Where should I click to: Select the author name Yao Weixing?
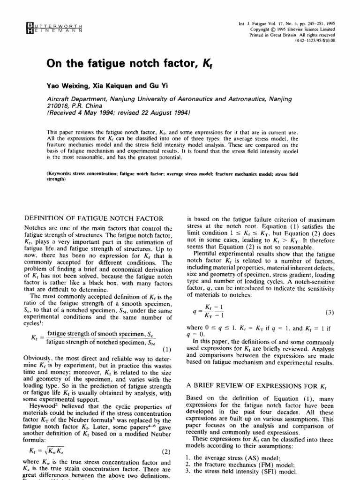coord(68,86)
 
